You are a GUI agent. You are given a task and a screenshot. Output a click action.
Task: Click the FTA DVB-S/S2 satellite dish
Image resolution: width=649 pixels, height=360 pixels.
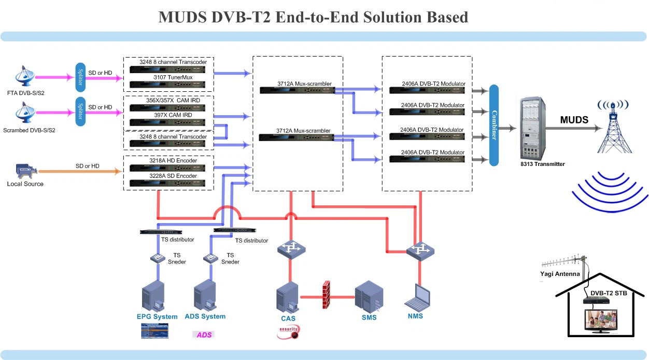click(x=25, y=76)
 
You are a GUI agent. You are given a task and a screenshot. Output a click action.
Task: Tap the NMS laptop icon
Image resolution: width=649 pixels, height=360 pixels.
click(x=419, y=297)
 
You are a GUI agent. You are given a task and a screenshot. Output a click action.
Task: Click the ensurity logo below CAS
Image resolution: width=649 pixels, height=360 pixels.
click(x=289, y=331)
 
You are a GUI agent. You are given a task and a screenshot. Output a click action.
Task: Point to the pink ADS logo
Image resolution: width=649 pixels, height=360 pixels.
click(x=204, y=335)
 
